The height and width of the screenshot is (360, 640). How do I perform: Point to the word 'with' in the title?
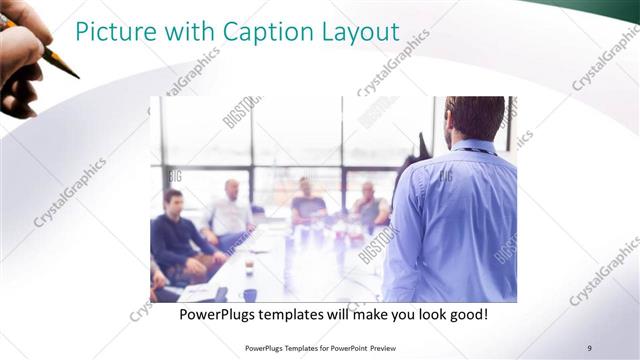click(186, 33)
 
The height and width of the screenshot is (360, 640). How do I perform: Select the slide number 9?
click(590, 347)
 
